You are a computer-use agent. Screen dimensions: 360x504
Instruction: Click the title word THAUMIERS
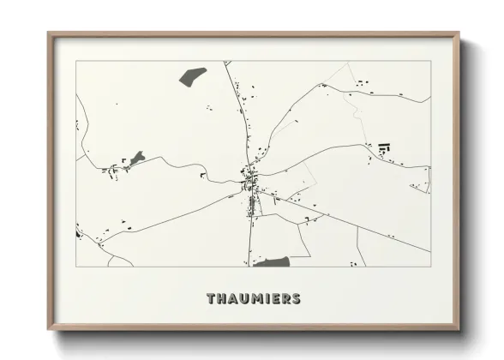pos(253,299)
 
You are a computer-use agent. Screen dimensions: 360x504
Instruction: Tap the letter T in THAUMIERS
pos(211,299)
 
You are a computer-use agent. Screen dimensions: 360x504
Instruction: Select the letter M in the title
pos(252,299)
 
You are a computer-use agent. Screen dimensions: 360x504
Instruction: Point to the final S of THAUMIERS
pos(296,299)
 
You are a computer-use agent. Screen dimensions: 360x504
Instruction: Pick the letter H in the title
pos(221,299)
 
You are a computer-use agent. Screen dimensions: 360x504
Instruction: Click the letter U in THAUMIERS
pos(241,299)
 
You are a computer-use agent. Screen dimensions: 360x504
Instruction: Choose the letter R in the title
pos(285,299)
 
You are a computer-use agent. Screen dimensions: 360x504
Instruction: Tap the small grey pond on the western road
pos(137,158)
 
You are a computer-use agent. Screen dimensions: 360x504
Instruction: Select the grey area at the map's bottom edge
pos(271,261)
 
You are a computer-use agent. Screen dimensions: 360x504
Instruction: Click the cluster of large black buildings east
pos(382,147)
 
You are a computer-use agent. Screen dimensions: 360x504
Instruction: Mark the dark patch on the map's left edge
pos(78,231)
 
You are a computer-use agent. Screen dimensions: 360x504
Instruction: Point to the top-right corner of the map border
pos(429,62)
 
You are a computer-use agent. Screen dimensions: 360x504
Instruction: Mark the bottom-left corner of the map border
pos(76,267)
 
